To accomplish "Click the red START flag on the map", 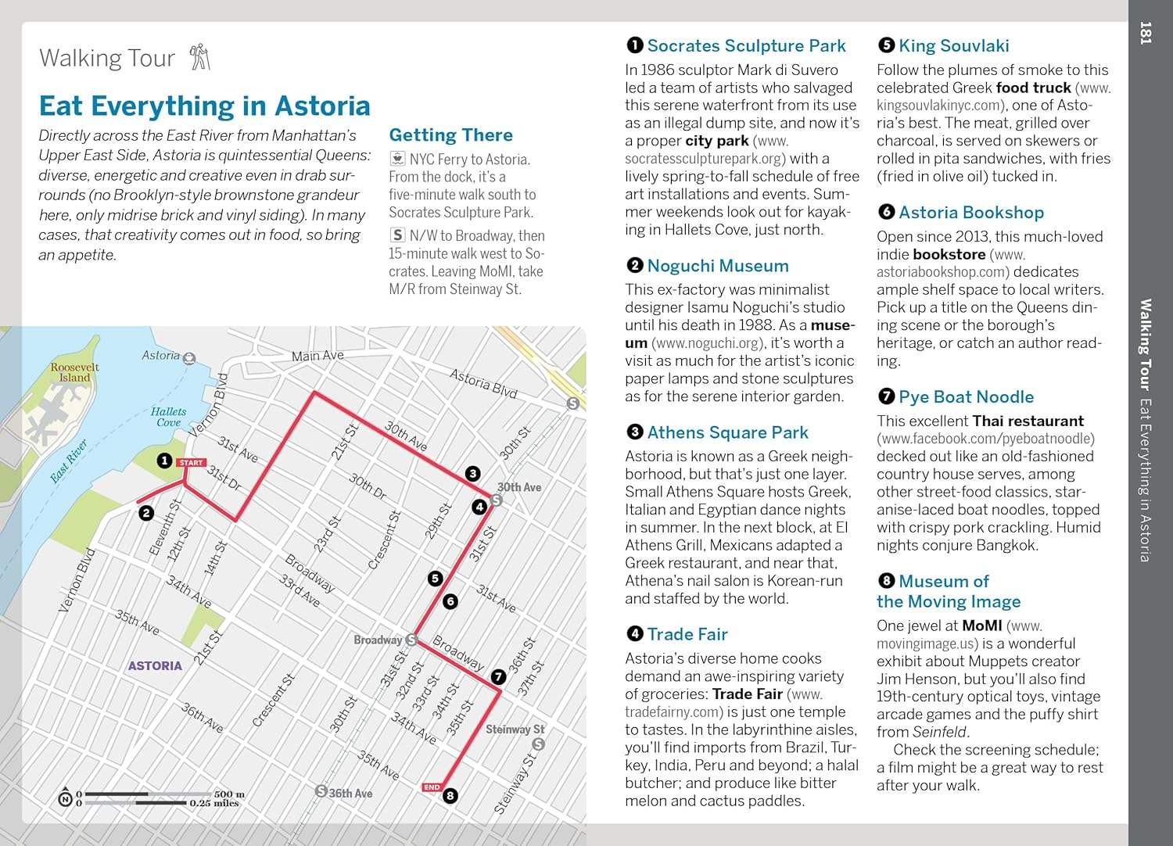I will tap(190, 463).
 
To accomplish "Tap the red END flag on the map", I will tap(432, 787).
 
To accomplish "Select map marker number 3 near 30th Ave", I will tap(472, 473).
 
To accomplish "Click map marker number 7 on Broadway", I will tap(498, 677).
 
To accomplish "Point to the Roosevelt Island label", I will tap(75, 372).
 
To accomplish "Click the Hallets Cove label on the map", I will tap(169, 417).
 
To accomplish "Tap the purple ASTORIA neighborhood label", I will tap(155, 666).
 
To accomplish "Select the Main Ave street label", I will tap(317, 356).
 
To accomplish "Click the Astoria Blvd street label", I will tap(484, 383).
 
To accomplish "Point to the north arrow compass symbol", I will tap(66, 797).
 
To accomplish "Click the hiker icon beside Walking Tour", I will tap(200, 57).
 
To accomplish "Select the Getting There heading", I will tap(450, 134).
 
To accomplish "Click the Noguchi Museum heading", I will tap(717, 266).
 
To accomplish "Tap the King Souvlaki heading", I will tap(953, 45).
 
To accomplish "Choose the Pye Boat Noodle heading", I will tap(966, 396).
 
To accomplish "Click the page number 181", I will tap(1146, 33).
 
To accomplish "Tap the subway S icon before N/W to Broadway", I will tap(397, 235).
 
